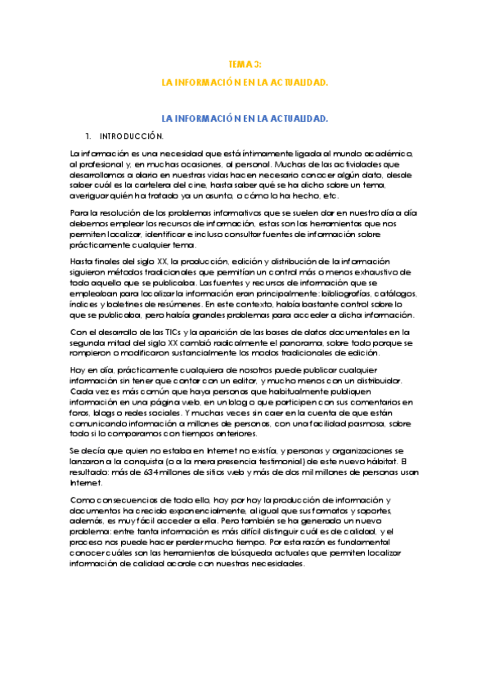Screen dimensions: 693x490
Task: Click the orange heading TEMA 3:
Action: (245, 64)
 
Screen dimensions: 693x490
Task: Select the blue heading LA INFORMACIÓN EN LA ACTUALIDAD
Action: (245, 118)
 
